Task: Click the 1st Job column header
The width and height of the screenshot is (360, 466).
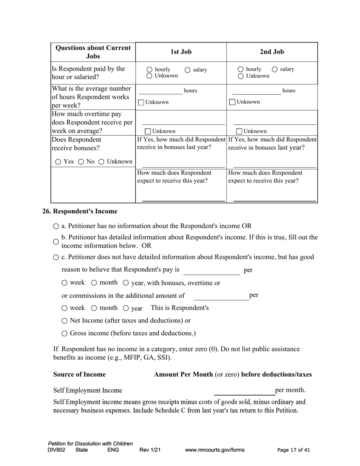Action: [181, 52]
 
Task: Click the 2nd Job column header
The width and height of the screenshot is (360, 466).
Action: [272, 52]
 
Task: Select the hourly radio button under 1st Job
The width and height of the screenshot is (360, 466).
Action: [149, 70]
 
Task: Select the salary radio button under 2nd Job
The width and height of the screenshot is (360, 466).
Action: [275, 69]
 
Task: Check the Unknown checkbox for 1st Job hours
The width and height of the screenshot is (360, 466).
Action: [141, 102]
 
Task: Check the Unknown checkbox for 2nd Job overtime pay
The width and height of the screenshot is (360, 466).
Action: [239, 131]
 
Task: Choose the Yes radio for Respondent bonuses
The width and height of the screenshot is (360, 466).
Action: [58, 162]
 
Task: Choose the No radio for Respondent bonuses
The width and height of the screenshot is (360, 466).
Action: [81, 162]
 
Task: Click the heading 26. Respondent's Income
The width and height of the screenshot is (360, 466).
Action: [80, 211]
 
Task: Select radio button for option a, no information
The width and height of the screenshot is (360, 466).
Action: [56, 226]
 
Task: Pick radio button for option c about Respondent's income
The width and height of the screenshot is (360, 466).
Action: [56, 257]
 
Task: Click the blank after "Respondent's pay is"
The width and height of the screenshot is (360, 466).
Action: [211, 271]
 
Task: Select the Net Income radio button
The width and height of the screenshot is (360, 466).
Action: [64, 321]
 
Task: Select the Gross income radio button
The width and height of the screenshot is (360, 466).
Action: [64, 334]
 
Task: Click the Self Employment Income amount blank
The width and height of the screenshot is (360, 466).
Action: [244, 391]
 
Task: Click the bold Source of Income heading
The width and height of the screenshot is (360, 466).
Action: [80, 374]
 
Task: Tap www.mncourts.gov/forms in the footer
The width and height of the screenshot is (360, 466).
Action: [214, 450]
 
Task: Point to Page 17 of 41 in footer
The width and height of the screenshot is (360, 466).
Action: [294, 450]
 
